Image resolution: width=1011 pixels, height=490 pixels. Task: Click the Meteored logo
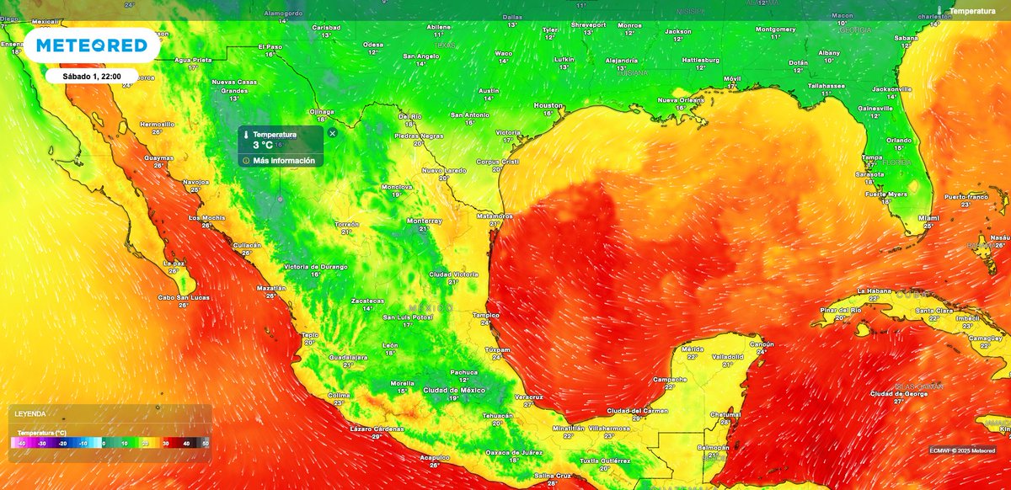point(92,46)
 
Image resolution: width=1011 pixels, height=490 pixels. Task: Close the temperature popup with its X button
point(332,133)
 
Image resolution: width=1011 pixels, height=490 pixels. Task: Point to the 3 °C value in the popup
point(262,145)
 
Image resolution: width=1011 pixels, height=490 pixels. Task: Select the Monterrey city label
point(424,221)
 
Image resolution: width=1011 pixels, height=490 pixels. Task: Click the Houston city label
point(548,105)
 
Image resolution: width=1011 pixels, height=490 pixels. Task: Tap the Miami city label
point(928,217)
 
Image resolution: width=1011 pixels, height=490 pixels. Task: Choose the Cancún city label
point(762,344)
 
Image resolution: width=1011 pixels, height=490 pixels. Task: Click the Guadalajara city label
point(348,357)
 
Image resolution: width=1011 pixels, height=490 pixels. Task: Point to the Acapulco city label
point(434,457)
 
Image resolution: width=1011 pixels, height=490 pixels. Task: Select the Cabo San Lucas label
point(183,297)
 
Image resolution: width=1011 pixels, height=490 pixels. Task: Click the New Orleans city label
point(681,99)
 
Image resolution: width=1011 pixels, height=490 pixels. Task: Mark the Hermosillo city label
point(157,124)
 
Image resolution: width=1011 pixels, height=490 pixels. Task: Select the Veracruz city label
point(528,396)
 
